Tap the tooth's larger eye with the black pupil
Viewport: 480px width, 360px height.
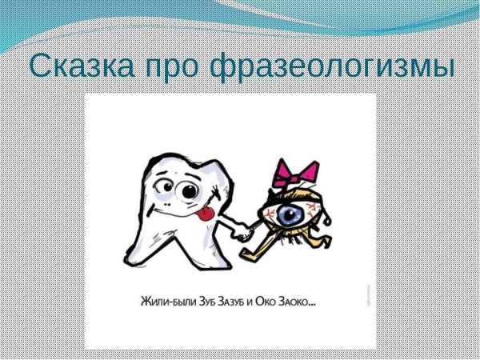(x=190, y=192)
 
